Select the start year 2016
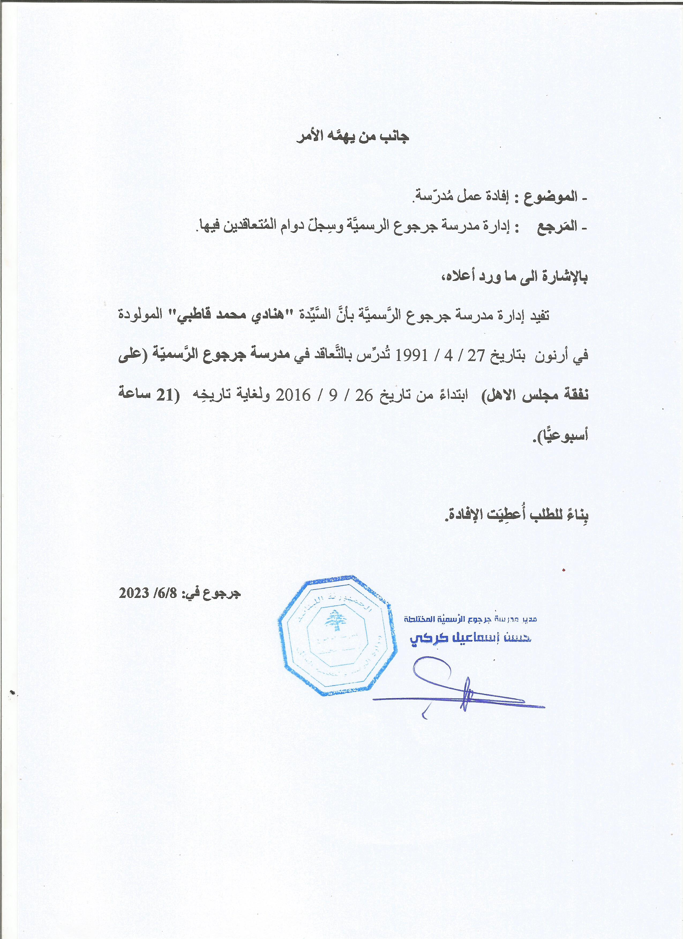tap(293, 395)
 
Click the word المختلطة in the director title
tap(419, 619)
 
